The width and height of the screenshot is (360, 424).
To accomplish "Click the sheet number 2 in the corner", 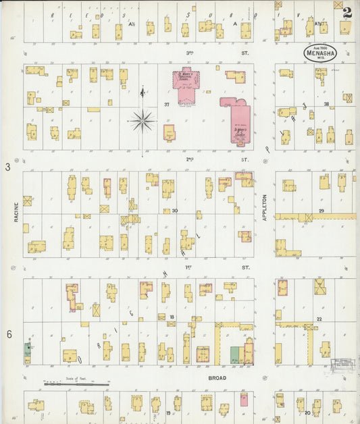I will coord(346,11).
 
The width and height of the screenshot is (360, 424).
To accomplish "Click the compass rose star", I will coord(142,122).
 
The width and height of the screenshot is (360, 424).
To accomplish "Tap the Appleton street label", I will coord(265,207).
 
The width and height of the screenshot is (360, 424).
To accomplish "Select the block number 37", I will coord(166,105).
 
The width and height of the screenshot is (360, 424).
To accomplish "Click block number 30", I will coord(174,211).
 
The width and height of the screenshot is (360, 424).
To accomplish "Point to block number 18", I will coord(172,317).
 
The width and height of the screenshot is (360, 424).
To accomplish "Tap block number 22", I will coord(319,319).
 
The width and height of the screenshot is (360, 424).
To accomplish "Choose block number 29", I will coord(322,211).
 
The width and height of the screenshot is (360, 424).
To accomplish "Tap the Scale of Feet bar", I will coord(74,384).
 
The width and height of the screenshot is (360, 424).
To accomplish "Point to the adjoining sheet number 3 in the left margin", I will coord(9,166).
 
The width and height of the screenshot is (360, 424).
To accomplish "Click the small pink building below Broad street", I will coord(243,399).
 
